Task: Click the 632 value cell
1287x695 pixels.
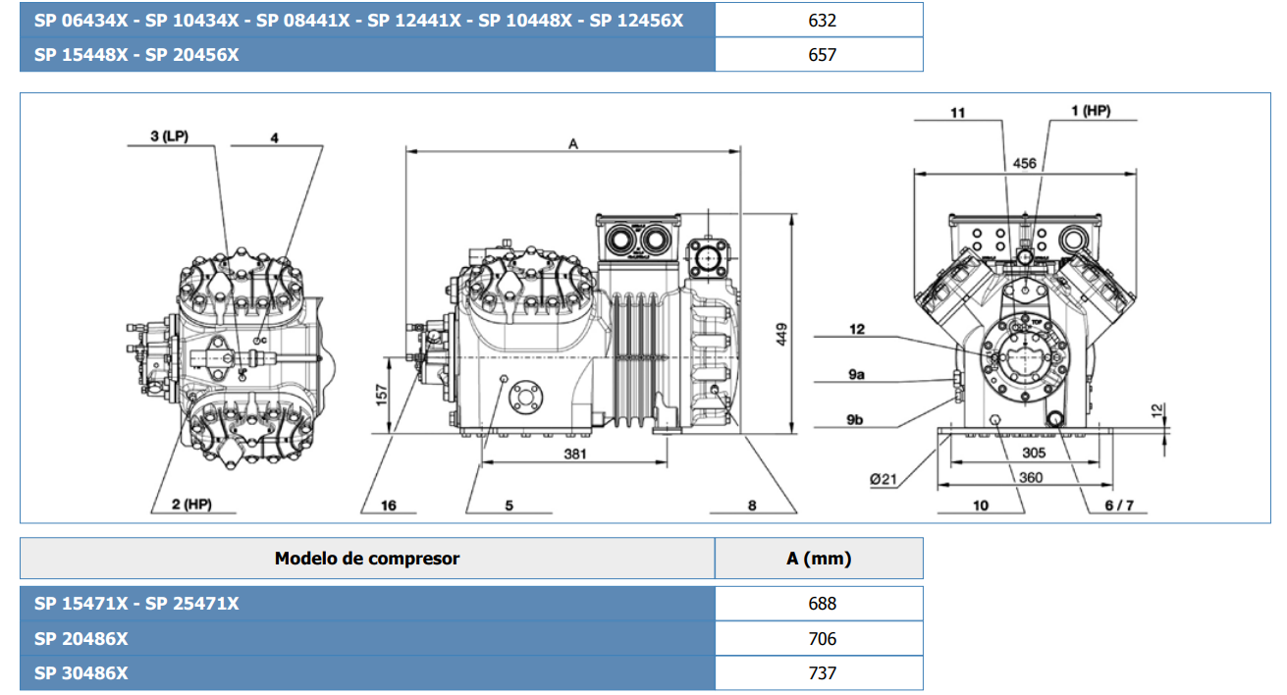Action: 821,20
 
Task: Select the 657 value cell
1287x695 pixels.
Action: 821,55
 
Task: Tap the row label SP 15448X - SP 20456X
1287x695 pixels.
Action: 136,55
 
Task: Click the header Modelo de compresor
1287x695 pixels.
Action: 366,559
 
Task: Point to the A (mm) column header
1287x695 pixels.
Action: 819,559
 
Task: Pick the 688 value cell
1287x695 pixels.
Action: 821,604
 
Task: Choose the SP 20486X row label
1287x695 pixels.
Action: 81,639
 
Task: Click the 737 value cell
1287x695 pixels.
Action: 821,673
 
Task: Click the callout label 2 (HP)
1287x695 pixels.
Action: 191,505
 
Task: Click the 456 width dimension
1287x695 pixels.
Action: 1024,164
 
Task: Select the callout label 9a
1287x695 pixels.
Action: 857,374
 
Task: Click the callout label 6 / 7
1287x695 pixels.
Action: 1118,505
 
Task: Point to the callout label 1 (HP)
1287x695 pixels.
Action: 1090,112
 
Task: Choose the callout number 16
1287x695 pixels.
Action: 388,505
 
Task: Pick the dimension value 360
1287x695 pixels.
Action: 1030,477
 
